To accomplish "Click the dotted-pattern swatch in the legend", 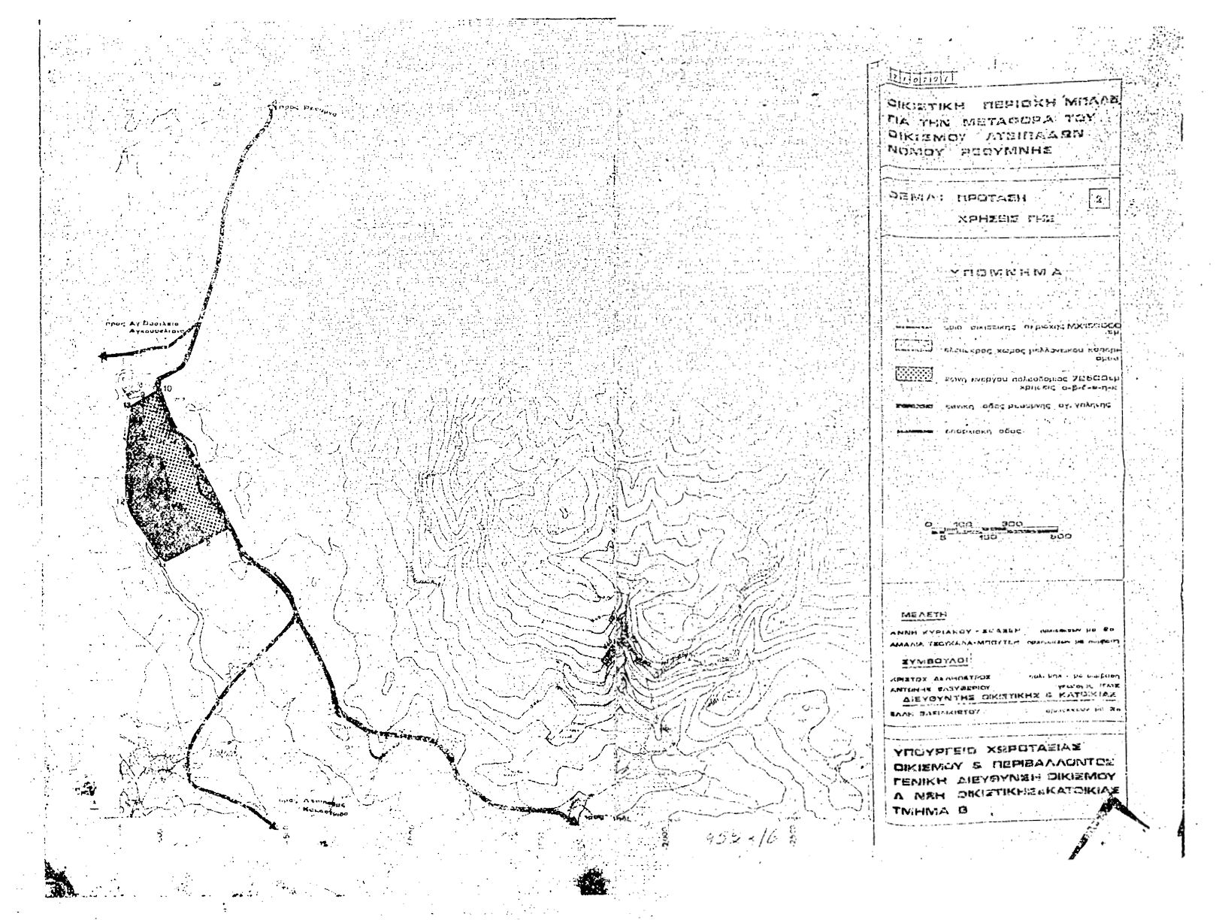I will pyautogui.click(x=915, y=373).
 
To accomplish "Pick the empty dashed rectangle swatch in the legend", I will pyautogui.click(x=915, y=347).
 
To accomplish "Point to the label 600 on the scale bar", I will pyautogui.click(x=1060, y=537).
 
